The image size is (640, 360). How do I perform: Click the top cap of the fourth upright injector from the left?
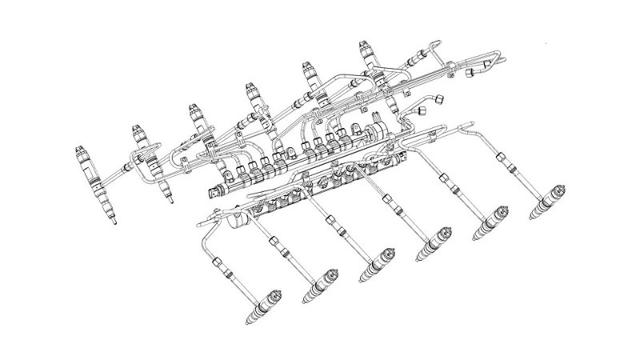(x=250, y=86)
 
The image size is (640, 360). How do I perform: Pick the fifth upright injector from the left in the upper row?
(x=311, y=80)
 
